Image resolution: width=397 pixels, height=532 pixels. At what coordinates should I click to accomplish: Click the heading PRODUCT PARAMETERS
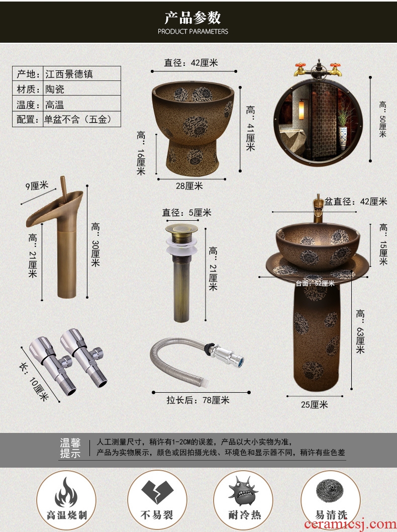click(193, 32)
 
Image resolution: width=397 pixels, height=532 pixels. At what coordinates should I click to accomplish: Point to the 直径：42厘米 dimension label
click(191, 63)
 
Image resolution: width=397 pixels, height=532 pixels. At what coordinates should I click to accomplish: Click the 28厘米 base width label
click(189, 186)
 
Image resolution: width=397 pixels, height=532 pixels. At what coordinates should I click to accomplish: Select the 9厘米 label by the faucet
click(37, 186)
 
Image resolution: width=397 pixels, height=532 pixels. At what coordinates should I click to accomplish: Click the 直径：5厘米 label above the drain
click(186, 213)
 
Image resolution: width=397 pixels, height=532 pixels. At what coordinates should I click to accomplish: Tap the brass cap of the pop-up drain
click(181, 228)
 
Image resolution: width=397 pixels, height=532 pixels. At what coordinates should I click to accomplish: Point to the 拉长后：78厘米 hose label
click(198, 400)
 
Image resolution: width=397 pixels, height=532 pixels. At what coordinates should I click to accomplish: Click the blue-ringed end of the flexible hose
click(239, 361)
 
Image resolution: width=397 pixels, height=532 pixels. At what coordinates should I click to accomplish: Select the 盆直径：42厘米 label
click(356, 202)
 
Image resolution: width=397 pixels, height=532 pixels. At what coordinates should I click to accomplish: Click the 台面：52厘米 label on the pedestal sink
click(315, 283)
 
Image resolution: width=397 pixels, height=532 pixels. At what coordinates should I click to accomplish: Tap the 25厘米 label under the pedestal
click(315, 405)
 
